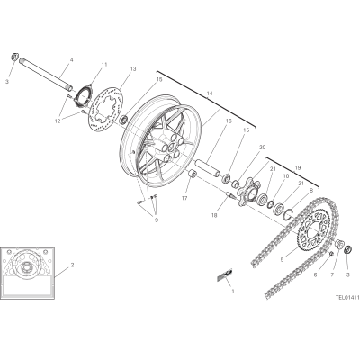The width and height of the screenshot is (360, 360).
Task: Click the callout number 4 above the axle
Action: [71, 60]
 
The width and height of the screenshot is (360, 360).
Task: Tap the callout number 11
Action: [104, 64]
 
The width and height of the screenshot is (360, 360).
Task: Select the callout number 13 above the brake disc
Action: [133, 69]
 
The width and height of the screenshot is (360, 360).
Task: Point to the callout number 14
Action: [210, 94]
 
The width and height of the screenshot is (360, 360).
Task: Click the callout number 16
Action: [229, 121]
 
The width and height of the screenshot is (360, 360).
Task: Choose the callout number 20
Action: [263, 148]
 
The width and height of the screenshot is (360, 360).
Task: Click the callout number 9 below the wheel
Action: [157, 220]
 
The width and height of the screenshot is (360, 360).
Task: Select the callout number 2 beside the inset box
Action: [72, 265]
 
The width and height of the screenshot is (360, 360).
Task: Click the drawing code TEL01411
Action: [347, 298]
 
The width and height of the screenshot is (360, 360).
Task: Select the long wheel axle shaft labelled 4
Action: [46, 74]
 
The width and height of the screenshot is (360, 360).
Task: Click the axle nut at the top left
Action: [14, 57]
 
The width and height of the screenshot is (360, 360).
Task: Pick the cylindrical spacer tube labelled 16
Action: [208, 168]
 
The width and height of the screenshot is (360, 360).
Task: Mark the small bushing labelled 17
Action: [192, 174]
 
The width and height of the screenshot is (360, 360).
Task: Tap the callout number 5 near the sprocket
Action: [282, 260]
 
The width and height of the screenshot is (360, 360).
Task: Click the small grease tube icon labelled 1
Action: [225, 274]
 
